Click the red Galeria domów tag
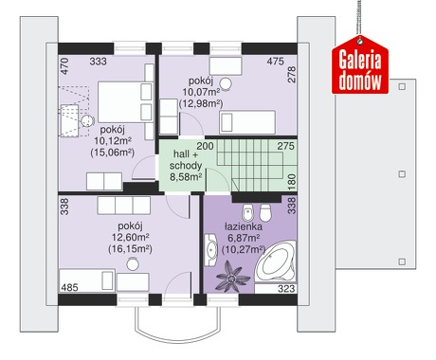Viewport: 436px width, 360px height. (x=360, y=65)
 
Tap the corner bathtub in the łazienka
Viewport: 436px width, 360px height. (x=276, y=261)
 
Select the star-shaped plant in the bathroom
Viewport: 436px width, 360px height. (x=232, y=276)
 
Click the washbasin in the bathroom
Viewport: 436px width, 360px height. (x=211, y=249)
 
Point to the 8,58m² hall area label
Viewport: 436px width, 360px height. (x=186, y=177)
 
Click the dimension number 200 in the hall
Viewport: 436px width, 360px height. (x=205, y=146)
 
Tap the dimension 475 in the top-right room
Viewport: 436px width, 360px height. (x=275, y=62)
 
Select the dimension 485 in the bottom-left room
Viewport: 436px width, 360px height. (x=69, y=288)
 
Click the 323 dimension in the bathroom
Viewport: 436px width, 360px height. (x=286, y=289)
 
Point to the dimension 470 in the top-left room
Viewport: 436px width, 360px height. (x=64, y=66)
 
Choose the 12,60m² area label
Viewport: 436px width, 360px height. (x=131, y=237)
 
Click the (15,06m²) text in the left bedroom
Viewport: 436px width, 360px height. (x=113, y=153)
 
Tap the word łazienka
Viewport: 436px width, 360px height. (x=243, y=226)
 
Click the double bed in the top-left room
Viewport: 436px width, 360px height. (x=124, y=102)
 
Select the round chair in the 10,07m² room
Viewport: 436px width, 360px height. (x=226, y=83)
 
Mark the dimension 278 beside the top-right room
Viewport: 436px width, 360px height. (x=292, y=75)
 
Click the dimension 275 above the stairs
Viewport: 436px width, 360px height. (x=285, y=146)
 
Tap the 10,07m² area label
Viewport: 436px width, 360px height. (x=201, y=92)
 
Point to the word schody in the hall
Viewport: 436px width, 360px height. (x=186, y=166)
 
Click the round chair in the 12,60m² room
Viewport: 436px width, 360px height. (x=133, y=264)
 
